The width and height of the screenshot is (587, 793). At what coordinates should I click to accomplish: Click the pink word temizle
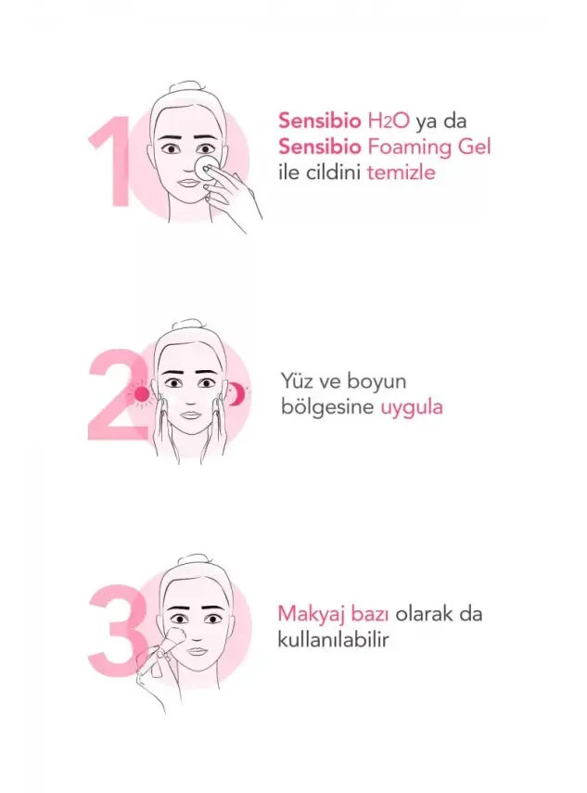click(401, 172)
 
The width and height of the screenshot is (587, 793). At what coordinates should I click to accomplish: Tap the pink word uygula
click(412, 406)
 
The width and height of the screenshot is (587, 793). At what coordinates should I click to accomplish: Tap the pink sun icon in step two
click(141, 394)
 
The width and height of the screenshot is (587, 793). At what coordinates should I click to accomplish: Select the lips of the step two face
click(190, 416)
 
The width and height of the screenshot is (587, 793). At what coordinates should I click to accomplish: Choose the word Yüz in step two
click(296, 381)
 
